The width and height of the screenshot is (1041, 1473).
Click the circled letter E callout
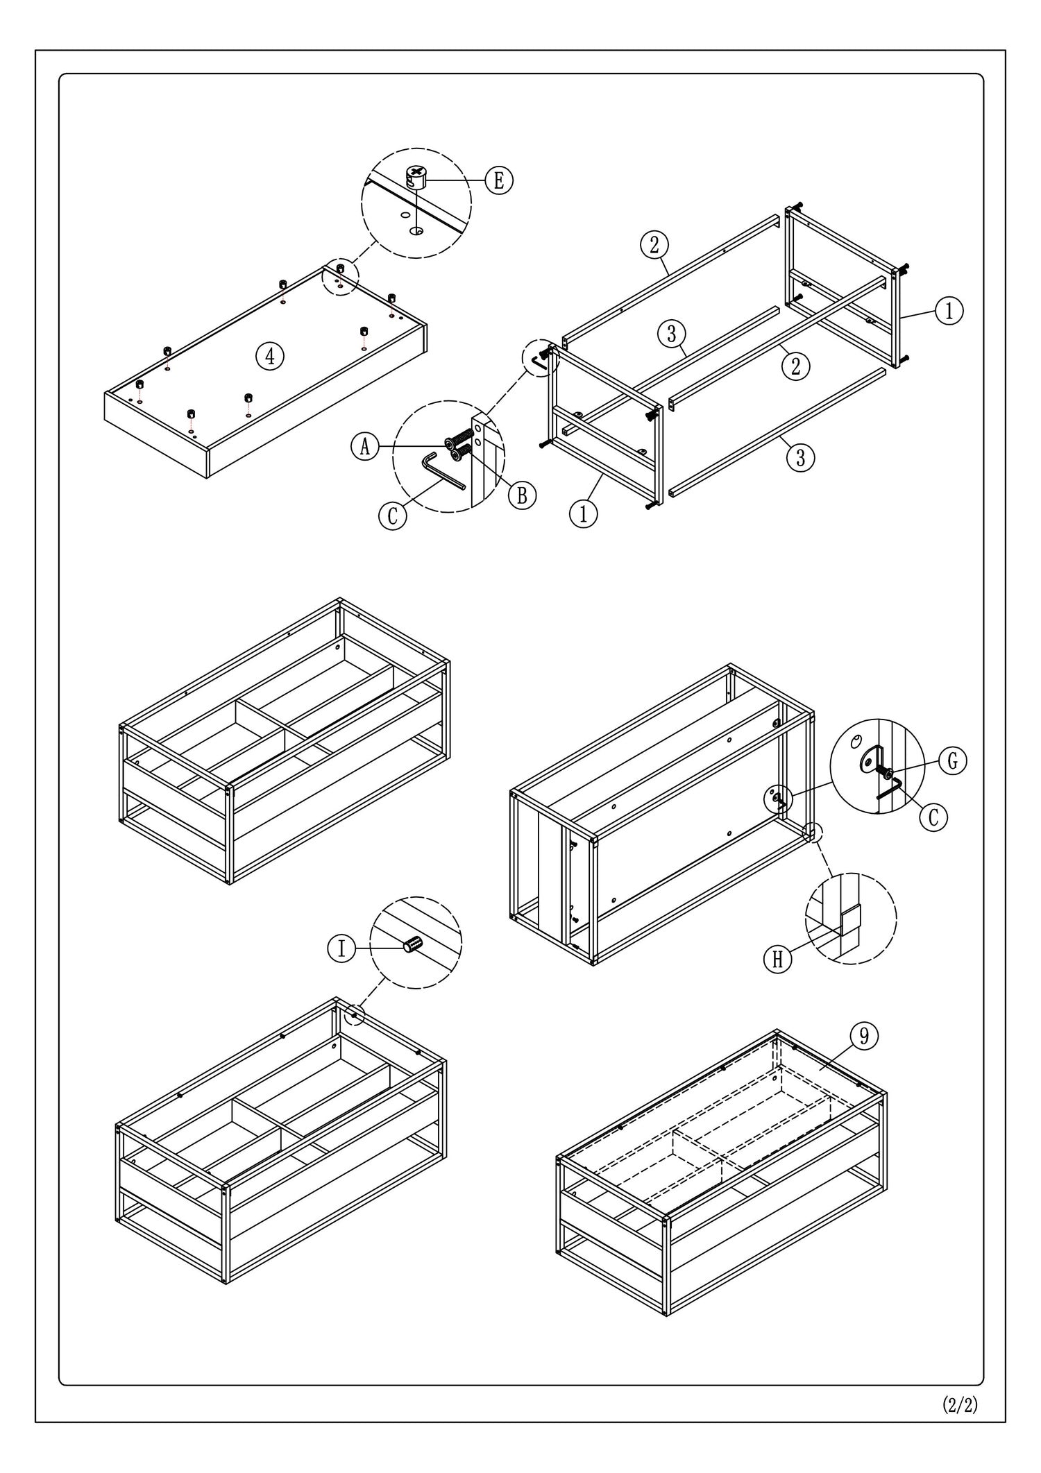(498, 180)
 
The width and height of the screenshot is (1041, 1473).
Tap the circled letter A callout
(365, 446)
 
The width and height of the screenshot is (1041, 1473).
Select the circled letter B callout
(522, 494)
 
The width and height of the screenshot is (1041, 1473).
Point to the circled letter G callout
(953, 761)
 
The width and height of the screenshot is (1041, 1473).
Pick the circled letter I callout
(341, 948)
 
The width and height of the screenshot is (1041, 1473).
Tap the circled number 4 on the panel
(270, 356)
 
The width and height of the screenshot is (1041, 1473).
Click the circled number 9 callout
(864, 1037)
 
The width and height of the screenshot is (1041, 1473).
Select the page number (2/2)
(960, 1405)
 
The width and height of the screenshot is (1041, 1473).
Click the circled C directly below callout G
(933, 817)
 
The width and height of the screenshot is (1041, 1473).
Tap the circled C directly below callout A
(393, 517)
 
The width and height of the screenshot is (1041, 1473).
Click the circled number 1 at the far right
(949, 311)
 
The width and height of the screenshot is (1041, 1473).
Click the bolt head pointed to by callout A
(450, 441)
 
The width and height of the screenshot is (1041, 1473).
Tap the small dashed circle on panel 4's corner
(341, 278)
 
